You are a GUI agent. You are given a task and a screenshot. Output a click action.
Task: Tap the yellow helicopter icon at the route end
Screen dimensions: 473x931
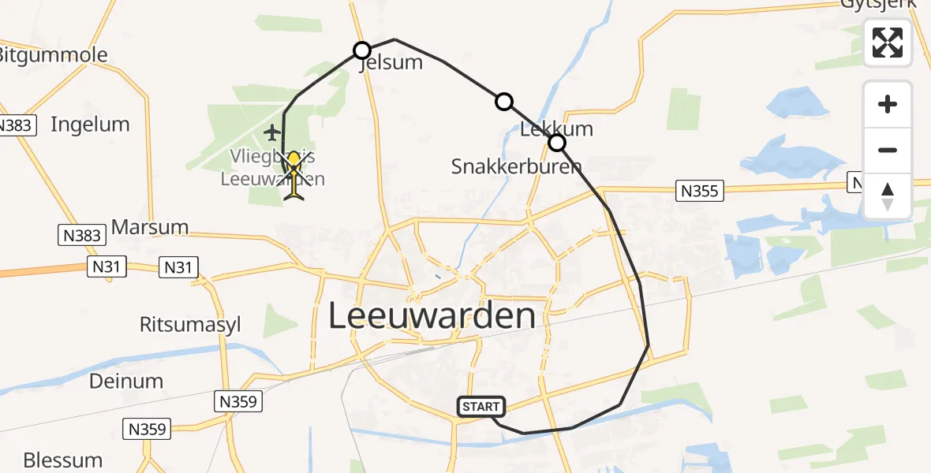(x=294, y=174)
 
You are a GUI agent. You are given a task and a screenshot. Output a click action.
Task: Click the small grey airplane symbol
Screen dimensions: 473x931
(x=273, y=131)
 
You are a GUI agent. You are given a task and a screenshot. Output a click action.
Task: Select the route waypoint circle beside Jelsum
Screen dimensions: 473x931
(x=361, y=50)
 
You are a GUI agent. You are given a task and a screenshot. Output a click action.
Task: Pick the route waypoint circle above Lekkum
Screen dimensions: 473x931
(x=557, y=143)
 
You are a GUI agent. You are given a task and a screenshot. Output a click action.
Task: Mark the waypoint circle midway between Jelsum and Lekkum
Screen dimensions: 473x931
(x=503, y=101)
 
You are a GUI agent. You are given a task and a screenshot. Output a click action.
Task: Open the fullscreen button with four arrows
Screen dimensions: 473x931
(x=888, y=43)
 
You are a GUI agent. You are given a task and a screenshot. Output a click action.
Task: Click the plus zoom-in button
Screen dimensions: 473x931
(x=888, y=104)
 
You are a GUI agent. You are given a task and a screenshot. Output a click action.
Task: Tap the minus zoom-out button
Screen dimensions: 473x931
(x=888, y=150)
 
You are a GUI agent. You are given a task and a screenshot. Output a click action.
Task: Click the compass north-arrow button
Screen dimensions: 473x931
(x=888, y=196)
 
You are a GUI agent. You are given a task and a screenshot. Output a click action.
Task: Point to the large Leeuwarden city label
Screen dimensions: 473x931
(x=431, y=316)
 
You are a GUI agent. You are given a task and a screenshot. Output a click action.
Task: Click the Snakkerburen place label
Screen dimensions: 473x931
(x=516, y=166)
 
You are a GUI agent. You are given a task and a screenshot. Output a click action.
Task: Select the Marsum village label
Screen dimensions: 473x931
(x=150, y=227)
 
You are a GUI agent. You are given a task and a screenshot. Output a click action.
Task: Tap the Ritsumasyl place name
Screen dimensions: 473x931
(x=190, y=325)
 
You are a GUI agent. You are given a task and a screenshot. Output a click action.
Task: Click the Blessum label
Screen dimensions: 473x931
(x=63, y=460)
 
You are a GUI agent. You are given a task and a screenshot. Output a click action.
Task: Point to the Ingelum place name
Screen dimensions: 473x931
(x=90, y=124)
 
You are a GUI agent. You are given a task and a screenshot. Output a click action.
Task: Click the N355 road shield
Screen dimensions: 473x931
(x=700, y=190)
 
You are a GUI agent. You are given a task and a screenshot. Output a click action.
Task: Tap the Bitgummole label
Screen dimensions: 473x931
(x=52, y=55)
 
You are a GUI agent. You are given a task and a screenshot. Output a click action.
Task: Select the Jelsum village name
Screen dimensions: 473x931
(x=392, y=63)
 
